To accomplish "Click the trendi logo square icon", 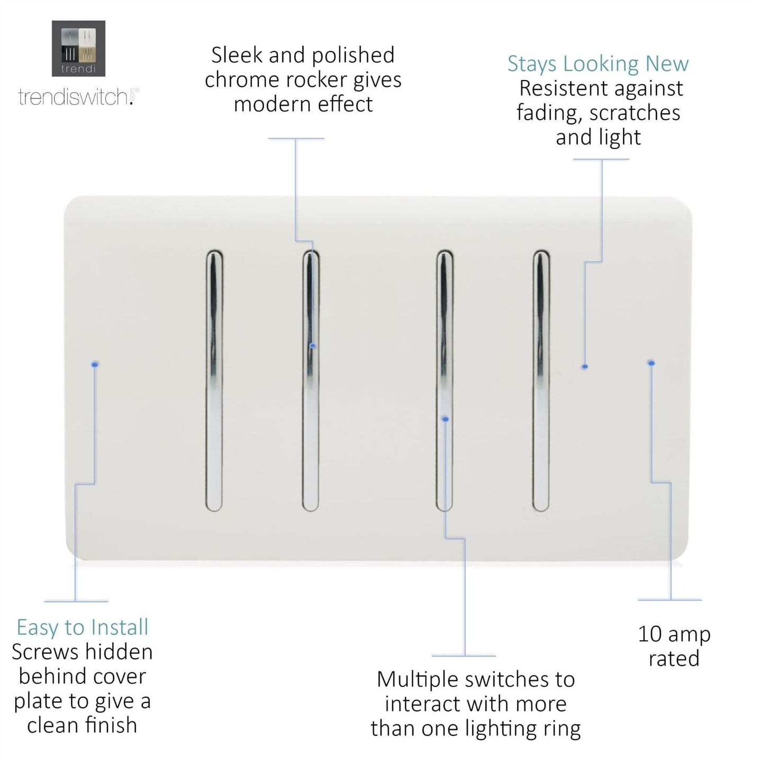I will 78,48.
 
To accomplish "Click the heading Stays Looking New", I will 598,64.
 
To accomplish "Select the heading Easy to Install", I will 82,627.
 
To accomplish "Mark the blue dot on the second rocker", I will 313,346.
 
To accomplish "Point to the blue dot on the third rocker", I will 445,419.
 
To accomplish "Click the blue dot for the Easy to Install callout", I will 95,365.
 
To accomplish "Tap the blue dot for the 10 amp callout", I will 651,363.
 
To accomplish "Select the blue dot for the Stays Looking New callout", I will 584,366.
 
